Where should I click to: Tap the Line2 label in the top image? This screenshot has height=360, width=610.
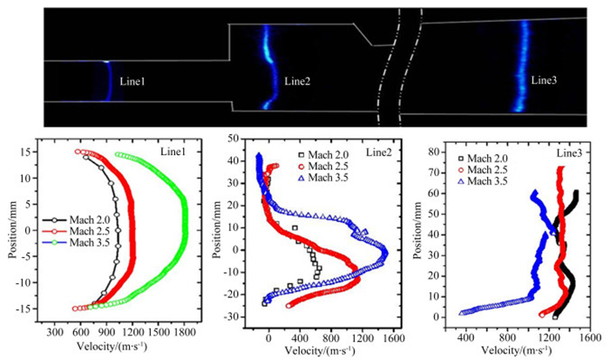pyautogui.click(x=297, y=82)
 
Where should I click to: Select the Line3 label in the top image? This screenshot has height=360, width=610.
pyautogui.click(x=544, y=80)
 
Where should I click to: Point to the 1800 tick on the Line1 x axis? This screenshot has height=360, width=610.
pyautogui.click(x=184, y=332)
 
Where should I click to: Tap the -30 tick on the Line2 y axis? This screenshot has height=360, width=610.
pyautogui.click(x=234, y=322)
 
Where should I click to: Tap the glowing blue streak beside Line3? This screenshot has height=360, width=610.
pyautogui.click(x=524, y=65)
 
